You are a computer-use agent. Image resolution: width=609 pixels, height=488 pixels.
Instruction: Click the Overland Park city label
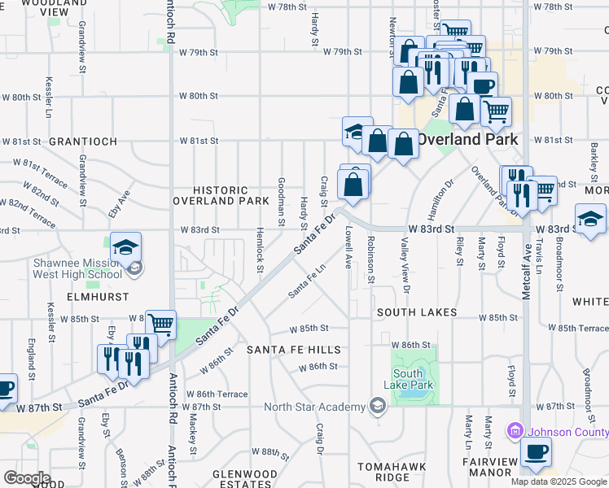468,139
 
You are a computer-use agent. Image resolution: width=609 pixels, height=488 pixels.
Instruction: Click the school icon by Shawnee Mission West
125,247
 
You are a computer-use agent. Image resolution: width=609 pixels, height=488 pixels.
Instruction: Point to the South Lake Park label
414,379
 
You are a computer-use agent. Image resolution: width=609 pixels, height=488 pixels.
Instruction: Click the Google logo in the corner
27,478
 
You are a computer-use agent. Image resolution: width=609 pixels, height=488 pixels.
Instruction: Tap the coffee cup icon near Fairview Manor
535,453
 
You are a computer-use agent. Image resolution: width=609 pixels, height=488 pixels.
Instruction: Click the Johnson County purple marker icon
514,429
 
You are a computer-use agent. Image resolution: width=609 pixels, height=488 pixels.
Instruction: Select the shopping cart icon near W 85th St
160,325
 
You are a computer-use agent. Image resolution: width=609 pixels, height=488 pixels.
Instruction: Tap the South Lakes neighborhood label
415,312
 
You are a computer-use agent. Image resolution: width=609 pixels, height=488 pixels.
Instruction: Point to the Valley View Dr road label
405,264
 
